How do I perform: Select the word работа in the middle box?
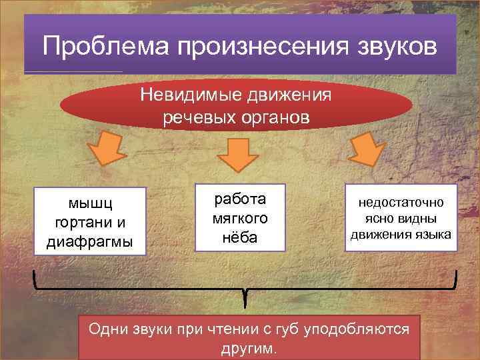(x=239, y=199)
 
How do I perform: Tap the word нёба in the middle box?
(x=239, y=238)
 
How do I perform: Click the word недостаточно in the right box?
(x=401, y=203)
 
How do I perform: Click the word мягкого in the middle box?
(x=239, y=218)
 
